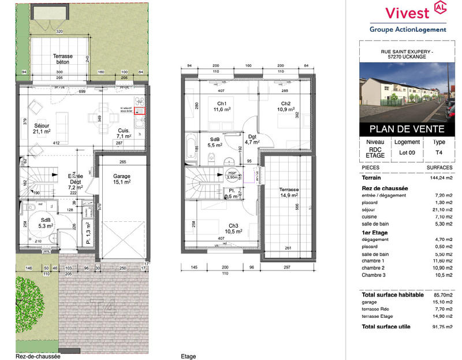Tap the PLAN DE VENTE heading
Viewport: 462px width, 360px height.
(x=408, y=129)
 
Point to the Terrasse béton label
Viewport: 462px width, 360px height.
(x=63, y=60)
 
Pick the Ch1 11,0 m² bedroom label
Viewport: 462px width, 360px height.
(x=222, y=106)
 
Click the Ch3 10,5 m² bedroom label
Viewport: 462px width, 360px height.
(x=234, y=228)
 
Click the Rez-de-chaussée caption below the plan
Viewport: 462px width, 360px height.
(x=38, y=357)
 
